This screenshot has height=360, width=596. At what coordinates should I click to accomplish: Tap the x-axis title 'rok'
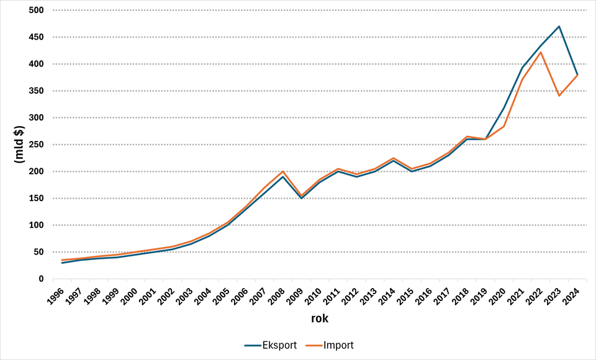coord(320,319)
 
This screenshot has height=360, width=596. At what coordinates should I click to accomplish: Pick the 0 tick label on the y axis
coord(40,279)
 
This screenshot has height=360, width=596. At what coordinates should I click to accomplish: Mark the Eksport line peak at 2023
coord(559,27)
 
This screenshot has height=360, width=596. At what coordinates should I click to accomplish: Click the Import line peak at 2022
coord(541,52)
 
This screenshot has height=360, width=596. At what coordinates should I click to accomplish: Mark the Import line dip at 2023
coord(559,96)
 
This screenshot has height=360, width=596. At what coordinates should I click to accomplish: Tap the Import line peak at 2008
coord(283,171)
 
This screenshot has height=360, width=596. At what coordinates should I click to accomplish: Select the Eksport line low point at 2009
coord(301,198)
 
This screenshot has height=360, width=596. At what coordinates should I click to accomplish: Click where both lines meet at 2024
coord(577,75)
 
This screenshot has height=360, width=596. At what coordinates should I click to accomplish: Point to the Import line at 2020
coord(504,127)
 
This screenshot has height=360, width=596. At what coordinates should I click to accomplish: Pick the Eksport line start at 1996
coord(62,263)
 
